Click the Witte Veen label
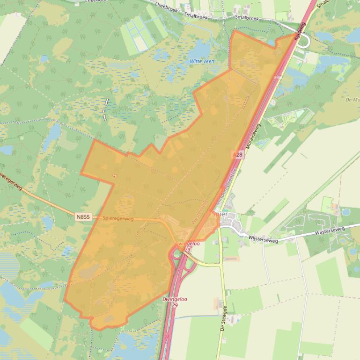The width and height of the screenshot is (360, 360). [x=201, y=61]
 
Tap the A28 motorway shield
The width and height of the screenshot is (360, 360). [x=238, y=154]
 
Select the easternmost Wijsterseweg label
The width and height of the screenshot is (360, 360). [x=330, y=230]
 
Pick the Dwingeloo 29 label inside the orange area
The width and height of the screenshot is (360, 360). [x=187, y=246]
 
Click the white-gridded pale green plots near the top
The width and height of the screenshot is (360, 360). [x=140, y=34]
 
